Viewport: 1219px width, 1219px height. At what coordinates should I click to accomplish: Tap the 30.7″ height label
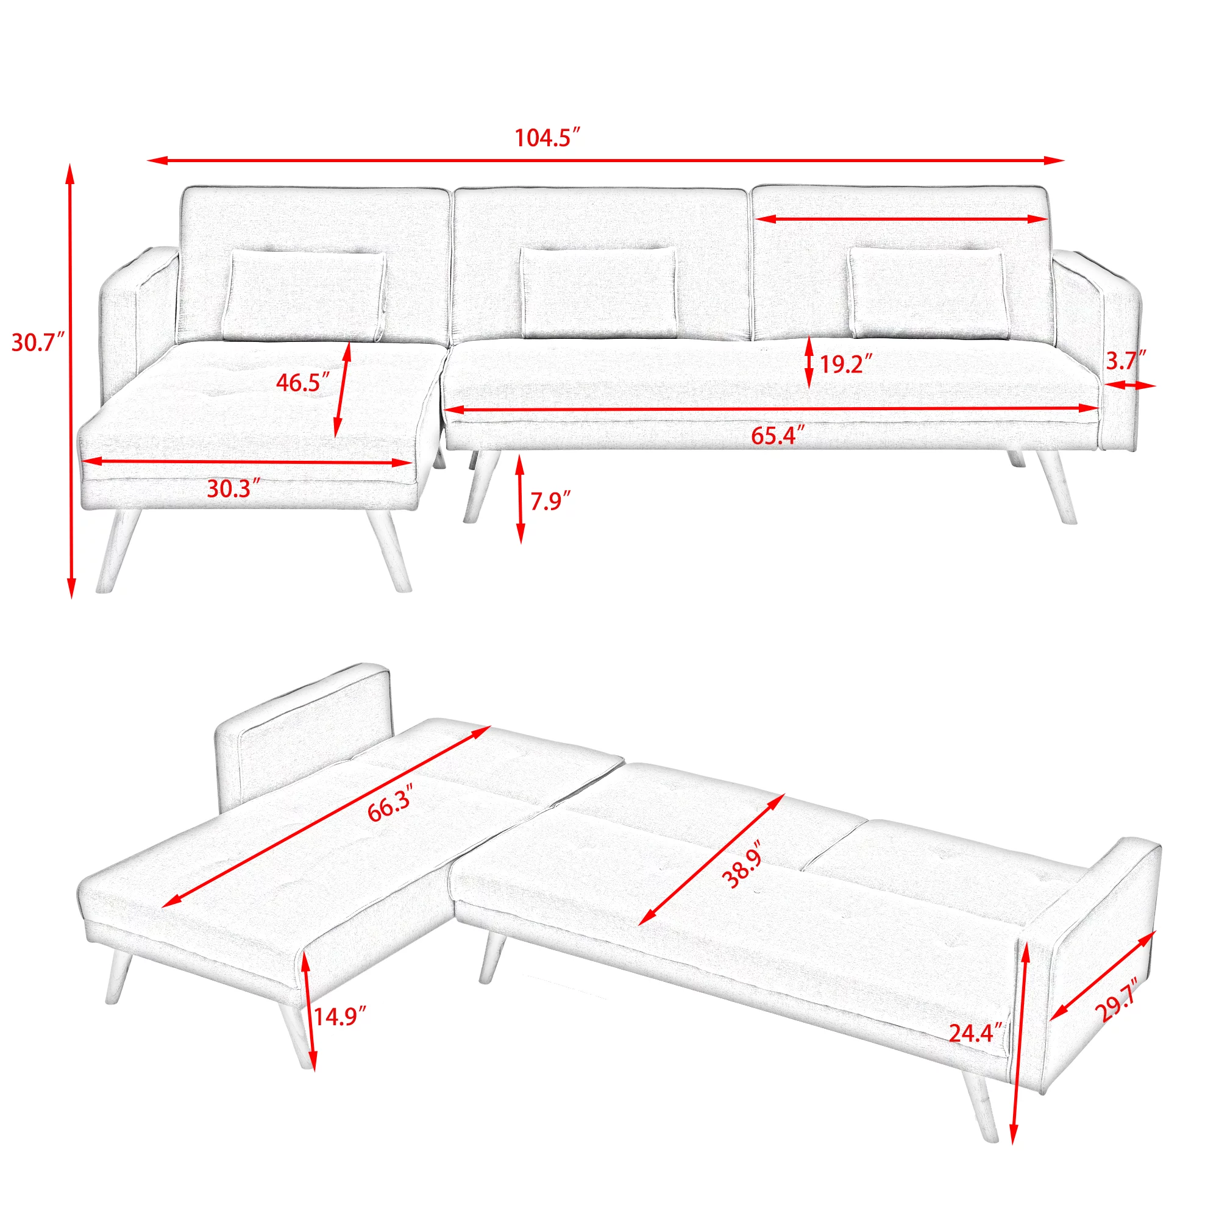click(38, 343)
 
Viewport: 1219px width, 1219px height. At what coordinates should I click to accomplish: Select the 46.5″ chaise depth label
click(303, 382)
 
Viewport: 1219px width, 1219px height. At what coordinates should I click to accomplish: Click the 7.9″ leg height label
click(550, 501)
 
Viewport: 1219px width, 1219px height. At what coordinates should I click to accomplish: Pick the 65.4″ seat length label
click(777, 436)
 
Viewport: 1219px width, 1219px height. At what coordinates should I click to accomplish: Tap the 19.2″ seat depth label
click(845, 364)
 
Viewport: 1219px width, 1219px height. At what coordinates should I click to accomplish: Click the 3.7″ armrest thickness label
click(1126, 361)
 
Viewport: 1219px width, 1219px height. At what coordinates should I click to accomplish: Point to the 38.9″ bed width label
click(743, 865)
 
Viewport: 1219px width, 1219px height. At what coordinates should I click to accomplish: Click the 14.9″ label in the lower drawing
click(339, 1017)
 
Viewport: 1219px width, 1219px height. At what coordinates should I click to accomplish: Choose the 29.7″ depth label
click(1117, 1000)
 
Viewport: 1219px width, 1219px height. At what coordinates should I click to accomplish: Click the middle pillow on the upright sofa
click(598, 293)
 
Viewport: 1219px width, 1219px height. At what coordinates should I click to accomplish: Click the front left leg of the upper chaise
click(117, 550)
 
